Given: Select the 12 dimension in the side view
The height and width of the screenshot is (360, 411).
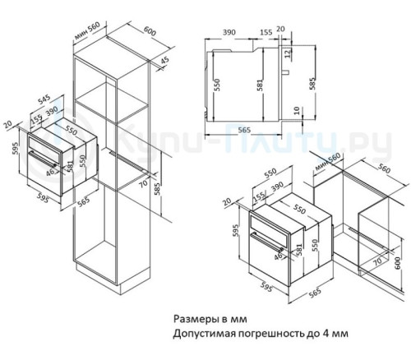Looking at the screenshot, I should tap(289, 54).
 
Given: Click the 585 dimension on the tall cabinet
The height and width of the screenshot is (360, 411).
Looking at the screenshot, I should tap(158, 190).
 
